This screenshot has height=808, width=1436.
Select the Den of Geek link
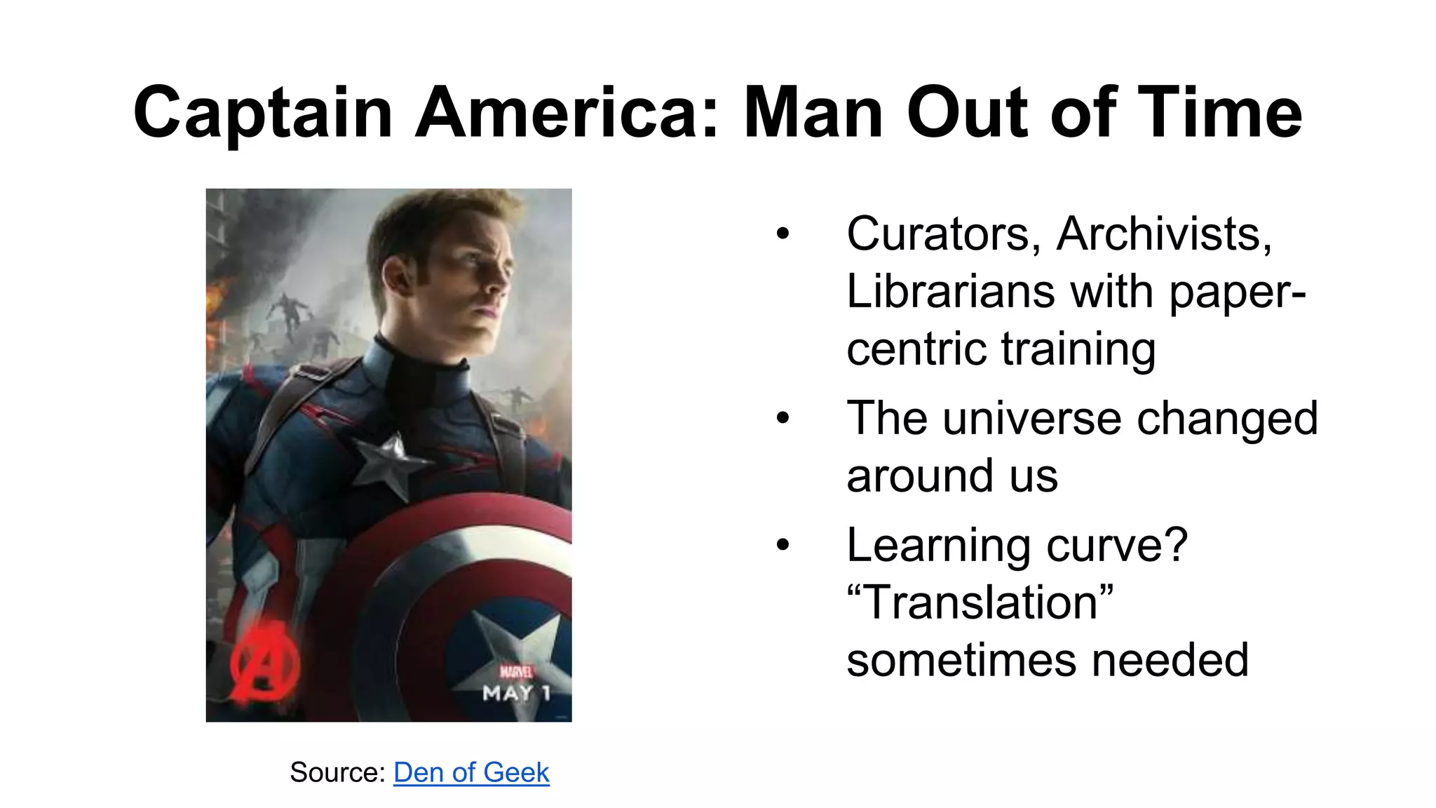[471, 772]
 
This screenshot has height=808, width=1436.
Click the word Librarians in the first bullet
[950, 291]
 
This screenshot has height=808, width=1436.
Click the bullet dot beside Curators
[783, 234]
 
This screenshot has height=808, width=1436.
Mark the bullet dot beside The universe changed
[783, 419]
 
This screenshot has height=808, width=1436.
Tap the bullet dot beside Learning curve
[783, 545]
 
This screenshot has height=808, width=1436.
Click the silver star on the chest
[386, 462]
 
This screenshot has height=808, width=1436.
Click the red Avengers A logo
[265, 664]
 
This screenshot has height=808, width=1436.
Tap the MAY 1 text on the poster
[517, 694]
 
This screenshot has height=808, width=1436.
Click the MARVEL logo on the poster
[516, 673]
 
